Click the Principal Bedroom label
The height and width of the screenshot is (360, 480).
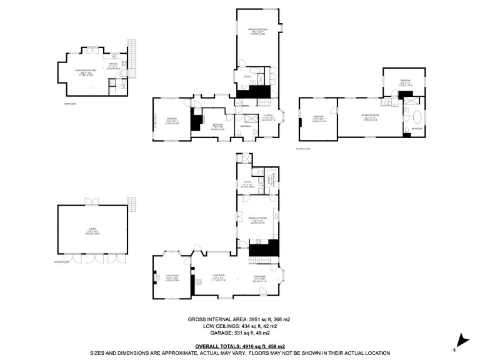[x=257, y=31]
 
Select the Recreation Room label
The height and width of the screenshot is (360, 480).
[x=371, y=117]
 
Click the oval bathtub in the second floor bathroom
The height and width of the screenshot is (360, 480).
[x=413, y=116]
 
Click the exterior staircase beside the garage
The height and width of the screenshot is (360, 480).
[x=132, y=204]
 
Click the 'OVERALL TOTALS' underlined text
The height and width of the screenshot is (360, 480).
[x=239, y=346]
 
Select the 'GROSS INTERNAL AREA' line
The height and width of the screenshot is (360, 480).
[x=239, y=319]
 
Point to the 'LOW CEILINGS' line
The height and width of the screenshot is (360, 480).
[x=239, y=326]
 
